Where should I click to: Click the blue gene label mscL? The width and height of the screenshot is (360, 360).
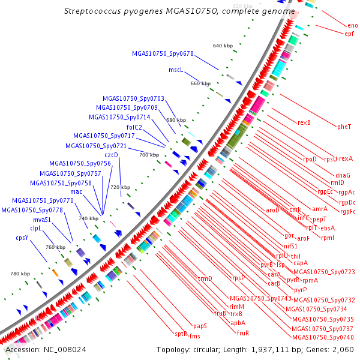175,70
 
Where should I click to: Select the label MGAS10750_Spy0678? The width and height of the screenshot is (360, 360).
163,53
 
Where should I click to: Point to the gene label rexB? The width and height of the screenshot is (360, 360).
304,123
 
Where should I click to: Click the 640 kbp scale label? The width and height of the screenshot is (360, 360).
223,46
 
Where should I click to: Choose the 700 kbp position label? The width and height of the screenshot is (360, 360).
148,155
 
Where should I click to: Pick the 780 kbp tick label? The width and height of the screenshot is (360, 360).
20,274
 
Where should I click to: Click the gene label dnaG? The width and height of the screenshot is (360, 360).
335,175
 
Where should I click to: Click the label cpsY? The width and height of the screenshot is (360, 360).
23,238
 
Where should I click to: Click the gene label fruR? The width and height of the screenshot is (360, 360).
243,333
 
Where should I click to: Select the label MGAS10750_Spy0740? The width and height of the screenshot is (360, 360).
323,338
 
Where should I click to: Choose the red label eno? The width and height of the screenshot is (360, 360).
352,25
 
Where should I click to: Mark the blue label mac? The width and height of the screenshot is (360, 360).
76,191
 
